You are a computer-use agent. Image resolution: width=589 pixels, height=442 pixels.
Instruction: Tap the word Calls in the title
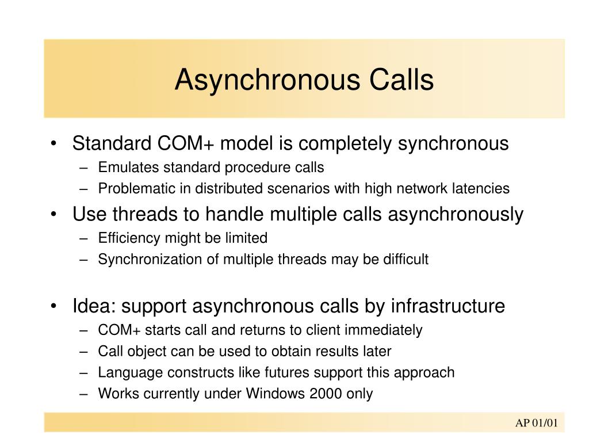coord(401,79)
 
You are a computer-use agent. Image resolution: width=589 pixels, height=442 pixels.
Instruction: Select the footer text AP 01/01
coord(537,423)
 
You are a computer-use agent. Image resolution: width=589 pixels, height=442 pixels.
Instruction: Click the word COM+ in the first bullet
coord(186,143)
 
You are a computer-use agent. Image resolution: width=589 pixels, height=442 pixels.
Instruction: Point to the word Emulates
coord(128,167)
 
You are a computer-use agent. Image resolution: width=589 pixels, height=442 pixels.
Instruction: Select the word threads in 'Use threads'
coord(145,214)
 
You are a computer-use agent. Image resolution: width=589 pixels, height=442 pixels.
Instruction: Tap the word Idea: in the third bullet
coord(94,306)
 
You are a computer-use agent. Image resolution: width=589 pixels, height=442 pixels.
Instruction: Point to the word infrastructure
coord(448,306)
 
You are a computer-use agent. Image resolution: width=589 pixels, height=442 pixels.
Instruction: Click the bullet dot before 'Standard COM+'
coord(53,143)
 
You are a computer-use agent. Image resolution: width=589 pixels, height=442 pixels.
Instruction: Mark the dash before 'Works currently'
coord(84,394)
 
